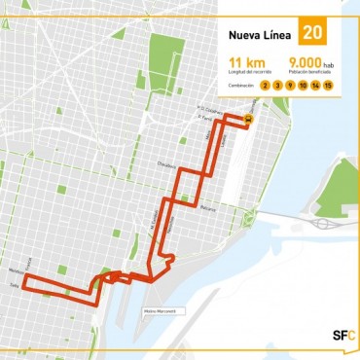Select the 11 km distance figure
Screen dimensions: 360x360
[241, 61]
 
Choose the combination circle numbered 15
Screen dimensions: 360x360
[329, 86]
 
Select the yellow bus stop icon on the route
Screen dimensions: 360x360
[248, 121]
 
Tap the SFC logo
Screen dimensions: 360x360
[343, 336]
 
